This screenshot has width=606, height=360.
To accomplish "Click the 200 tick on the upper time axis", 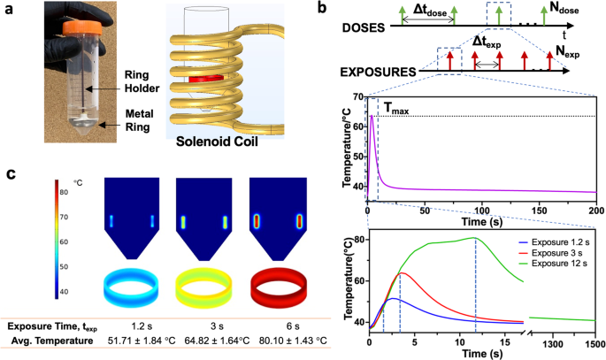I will coord(596,212).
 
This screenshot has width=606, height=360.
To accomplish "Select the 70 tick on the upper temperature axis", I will coord(357,96).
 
